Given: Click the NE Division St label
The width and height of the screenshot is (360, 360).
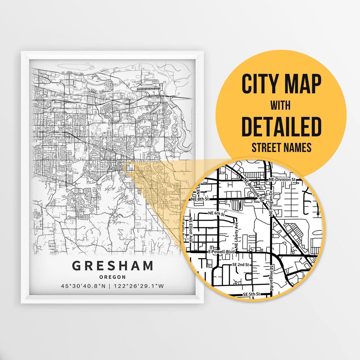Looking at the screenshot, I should pyautogui.click(x=282, y=179).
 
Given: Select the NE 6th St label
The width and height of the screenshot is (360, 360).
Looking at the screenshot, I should pyautogui.click(x=217, y=213).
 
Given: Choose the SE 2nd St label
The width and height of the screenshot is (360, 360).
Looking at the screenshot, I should pyautogui.click(x=240, y=265).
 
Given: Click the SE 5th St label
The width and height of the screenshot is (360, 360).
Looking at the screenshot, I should pyautogui.click(x=252, y=294).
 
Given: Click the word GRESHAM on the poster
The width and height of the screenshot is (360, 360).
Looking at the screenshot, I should pyautogui.click(x=113, y=266).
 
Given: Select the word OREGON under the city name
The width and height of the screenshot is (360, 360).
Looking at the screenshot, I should pyautogui.click(x=113, y=277).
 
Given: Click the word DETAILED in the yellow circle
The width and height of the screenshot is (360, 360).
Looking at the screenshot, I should pyautogui.click(x=281, y=126).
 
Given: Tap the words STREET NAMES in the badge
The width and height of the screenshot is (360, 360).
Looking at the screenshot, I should pyautogui.click(x=281, y=147).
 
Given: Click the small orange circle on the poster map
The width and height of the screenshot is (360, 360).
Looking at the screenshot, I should pyautogui.click(x=129, y=168).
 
